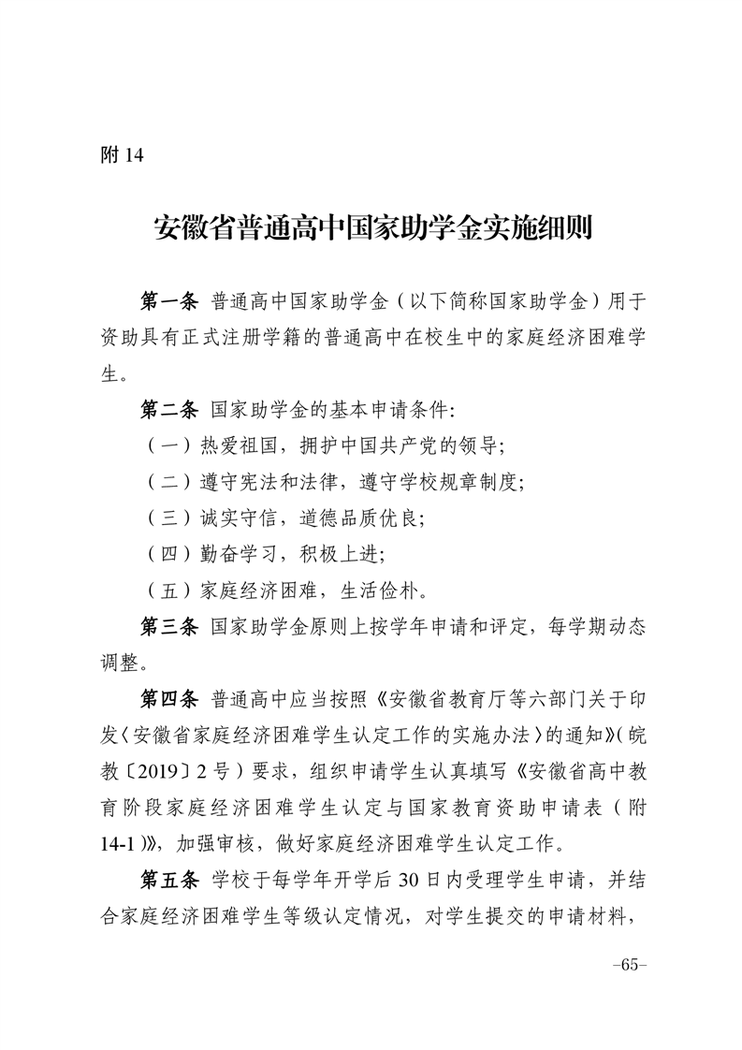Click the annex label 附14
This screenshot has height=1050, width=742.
coord(123,155)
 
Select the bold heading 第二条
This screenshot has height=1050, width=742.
coord(169,410)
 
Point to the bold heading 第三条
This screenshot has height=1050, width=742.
coord(169,627)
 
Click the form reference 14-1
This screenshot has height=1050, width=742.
coord(120,844)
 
